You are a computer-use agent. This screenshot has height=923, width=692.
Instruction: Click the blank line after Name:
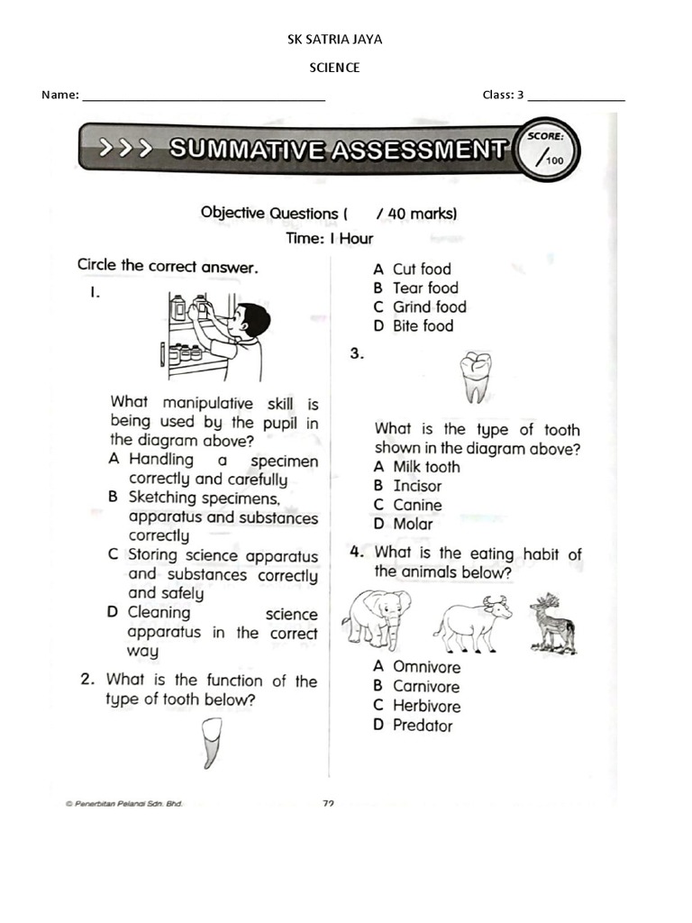pos(204,96)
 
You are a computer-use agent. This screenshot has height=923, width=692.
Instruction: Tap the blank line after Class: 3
pos(576,96)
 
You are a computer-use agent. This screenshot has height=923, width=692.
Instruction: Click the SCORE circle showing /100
pos(546,151)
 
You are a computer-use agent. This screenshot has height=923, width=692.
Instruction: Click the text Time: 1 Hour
pos(329,239)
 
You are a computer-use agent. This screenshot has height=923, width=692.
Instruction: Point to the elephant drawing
pos(376,618)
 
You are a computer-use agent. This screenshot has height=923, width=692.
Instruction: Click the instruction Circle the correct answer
pos(168,266)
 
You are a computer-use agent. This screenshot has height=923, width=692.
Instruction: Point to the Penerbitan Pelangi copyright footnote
pos(123,804)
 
